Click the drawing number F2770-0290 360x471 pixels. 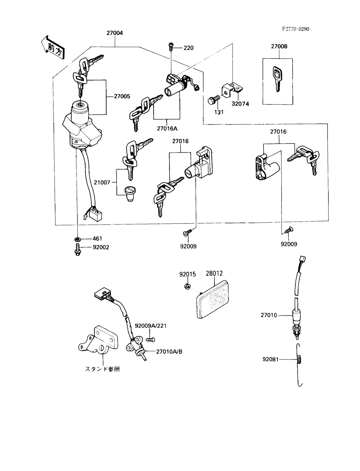point(295,29)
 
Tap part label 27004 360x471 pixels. point(115,33)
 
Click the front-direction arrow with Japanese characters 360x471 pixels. point(53,48)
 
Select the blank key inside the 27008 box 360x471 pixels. point(277,79)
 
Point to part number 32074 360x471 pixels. point(240,104)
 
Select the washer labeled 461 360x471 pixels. point(78,239)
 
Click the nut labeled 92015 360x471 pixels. point(188,286)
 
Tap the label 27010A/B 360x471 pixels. point(169,352)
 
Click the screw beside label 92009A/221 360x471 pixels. point(150,340)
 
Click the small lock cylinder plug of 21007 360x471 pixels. point(130,194)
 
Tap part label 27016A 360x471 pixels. point(167,128)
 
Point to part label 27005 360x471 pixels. point(122,96)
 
